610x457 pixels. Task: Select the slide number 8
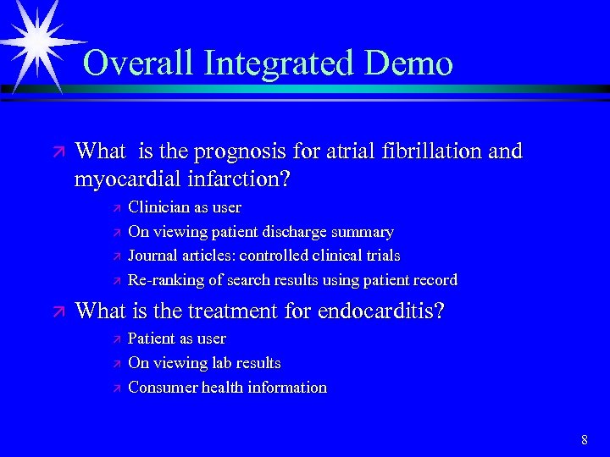click(x=585, y=439)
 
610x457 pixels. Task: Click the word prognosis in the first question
click(x=236, y=152)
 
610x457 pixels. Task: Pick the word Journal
click(x=152, y=256)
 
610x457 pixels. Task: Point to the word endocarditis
click(x=380, y=311)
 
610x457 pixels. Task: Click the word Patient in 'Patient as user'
click(x=151, y=339)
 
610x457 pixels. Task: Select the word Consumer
click(x=160, y=388)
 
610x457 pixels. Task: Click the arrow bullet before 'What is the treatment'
click(x=57, y=312)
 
